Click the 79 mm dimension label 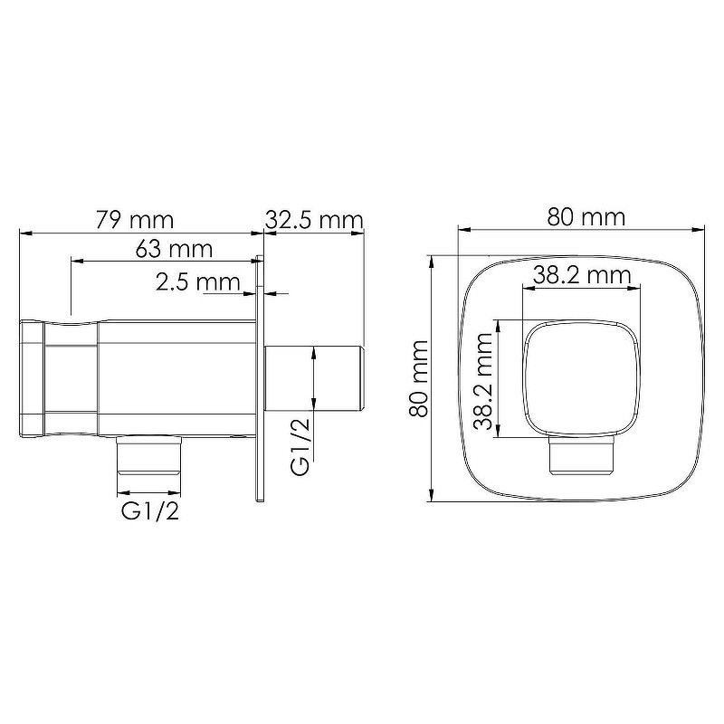pyautogui.click(x=135, y=220)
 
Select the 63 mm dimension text pyautogui.click(x=174, y=249)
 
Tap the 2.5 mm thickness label pyautogui.click(x=198, y=281)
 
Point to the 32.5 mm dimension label pyautogui.click(x=314, y=220)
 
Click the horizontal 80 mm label pyautogui.click(x=586, y=217)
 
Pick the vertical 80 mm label pyautogui.click(x=419, y=378)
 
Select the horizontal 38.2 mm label pyautogui.click(x=582, y=276)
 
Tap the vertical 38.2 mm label pyautogui.click(x=484, y=381)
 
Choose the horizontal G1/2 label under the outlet pyautogui.click(x=150, y=511)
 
